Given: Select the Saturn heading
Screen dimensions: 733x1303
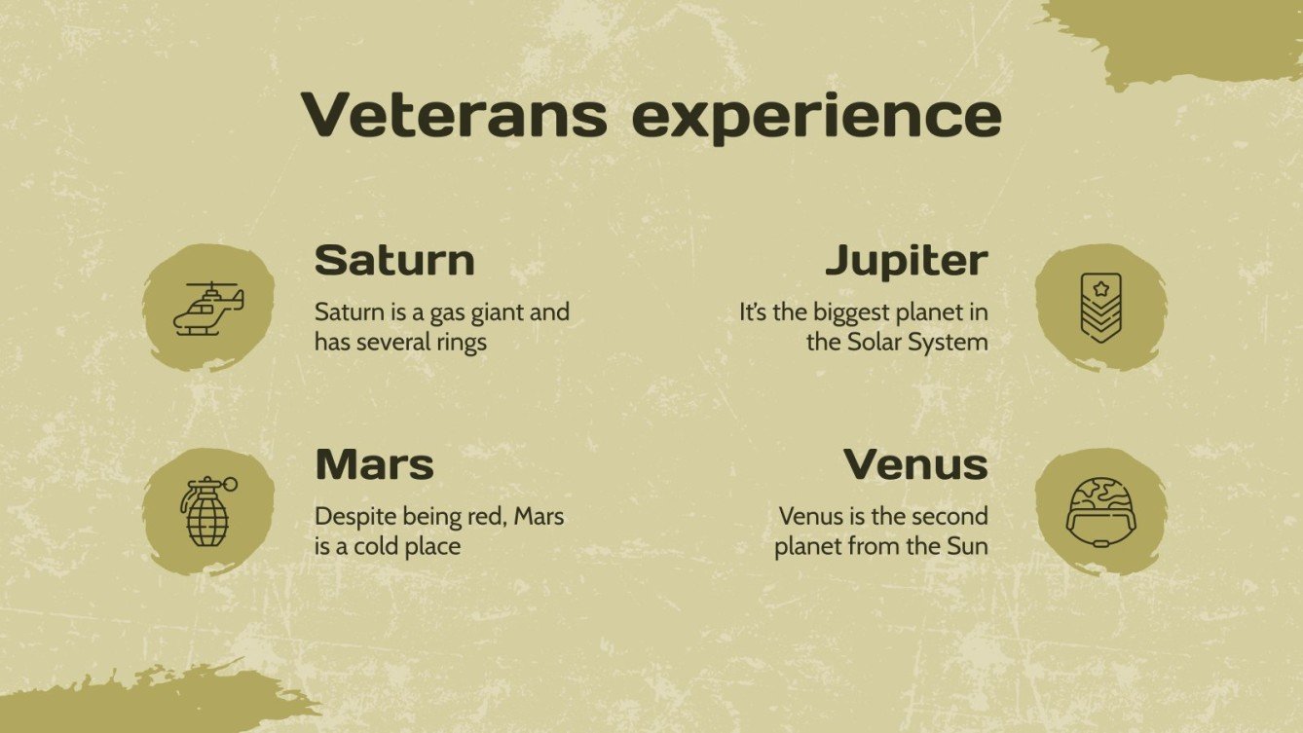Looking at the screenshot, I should (x=394, y=260).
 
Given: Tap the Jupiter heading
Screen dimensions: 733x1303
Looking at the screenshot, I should (x=906, y=260).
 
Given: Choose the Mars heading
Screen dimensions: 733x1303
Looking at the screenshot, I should (x=374, y=464).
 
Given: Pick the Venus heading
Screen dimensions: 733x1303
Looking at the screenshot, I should (x=915, y=464).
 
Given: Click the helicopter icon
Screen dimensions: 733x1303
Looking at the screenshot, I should (x=208, y=308).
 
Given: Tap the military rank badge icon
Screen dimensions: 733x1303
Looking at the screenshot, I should (x=1100, y=307).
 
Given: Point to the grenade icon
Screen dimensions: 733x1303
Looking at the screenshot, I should (x=207, y=511).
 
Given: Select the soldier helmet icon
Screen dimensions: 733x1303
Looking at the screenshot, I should (x=1099, y=510).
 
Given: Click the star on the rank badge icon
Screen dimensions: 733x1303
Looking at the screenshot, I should (x=1100, y=288).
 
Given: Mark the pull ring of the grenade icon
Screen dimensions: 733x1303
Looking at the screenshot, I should (x=230, y=484).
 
